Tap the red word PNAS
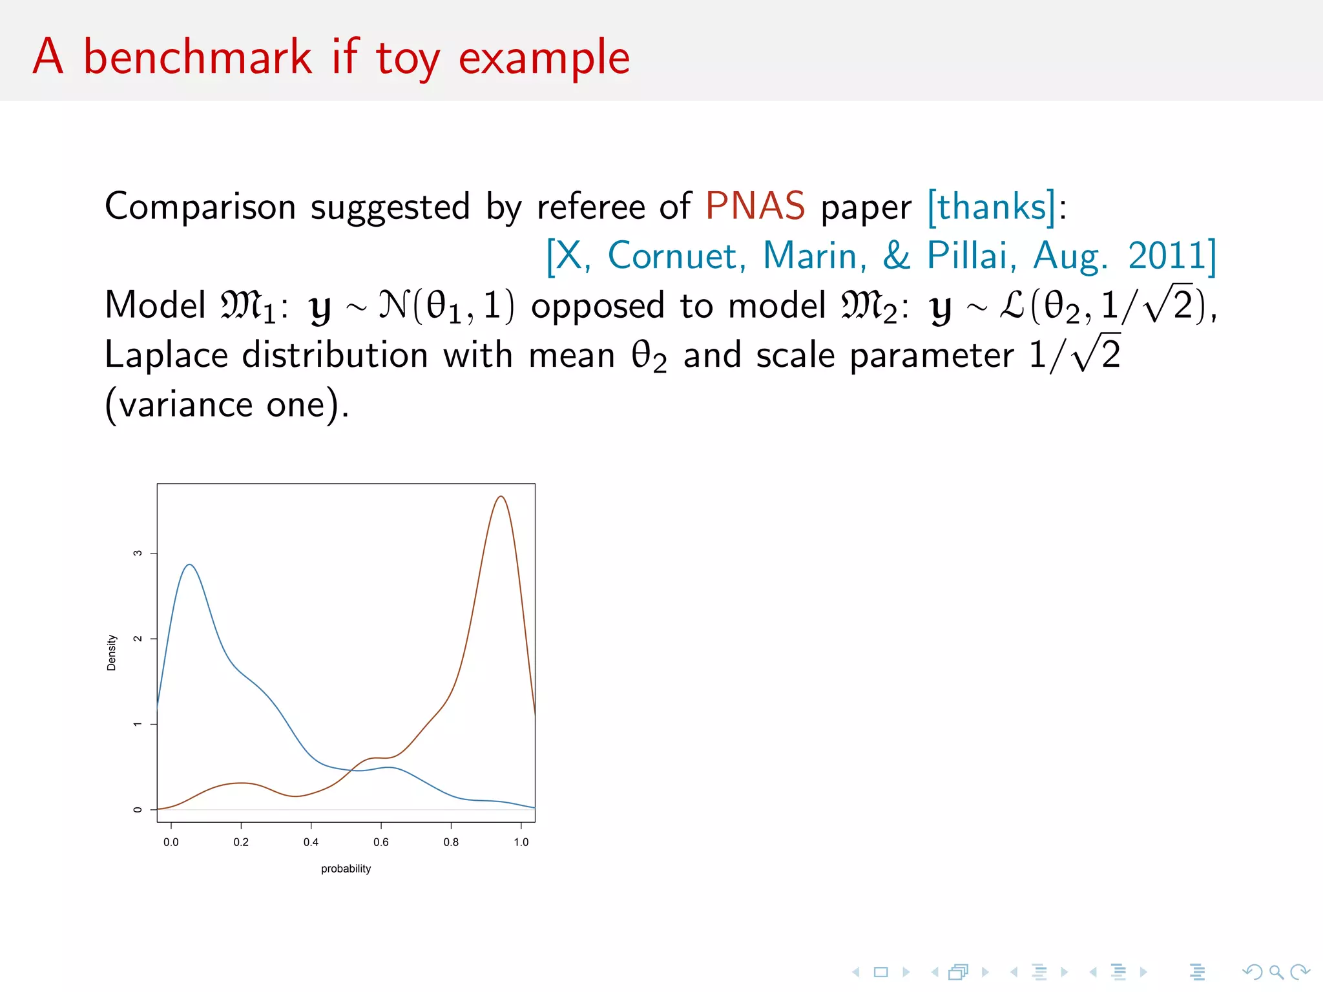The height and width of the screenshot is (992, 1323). [755, 207]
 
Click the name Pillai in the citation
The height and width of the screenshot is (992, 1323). [967, 255]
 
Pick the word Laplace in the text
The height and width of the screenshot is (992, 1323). [167, 356]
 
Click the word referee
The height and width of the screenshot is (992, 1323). [591, 207]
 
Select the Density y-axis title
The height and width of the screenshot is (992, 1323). [111, 652]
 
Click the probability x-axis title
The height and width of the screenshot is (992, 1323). [346, 869]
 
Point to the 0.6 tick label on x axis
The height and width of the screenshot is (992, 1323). [381, 842]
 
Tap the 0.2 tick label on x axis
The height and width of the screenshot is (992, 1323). [241, 842]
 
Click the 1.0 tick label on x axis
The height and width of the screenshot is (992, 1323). [521, 842]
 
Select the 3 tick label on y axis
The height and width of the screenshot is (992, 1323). [137, 553]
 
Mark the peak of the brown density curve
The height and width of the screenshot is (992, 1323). [501, 496]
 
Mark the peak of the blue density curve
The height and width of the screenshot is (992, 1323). [189, 564]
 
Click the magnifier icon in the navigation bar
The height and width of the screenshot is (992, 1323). [1276, 972]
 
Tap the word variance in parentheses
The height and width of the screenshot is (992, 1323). [186, 406]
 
